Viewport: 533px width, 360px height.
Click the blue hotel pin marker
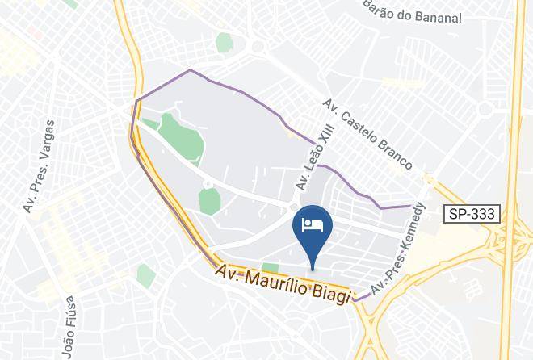[313, 229]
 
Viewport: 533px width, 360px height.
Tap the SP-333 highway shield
[472, 214]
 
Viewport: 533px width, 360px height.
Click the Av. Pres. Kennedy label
[398, 247]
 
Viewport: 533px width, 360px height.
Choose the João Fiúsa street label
[69, 326]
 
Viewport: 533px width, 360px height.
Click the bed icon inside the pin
[313, 224]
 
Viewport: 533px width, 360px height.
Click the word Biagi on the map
[332, 292]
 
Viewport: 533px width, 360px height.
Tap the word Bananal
[436, 17]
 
